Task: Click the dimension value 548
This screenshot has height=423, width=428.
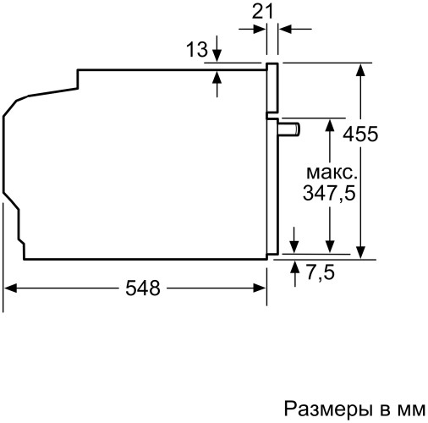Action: point(143,288)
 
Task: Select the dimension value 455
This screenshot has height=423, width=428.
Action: point(360,134)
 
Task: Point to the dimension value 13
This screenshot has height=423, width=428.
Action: point(196,51)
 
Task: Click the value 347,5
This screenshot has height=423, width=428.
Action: point(327,193)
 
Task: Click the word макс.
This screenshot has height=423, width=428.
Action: point(329,173)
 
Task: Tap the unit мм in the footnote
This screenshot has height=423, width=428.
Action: point(409,410)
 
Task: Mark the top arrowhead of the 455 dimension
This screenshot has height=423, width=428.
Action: point(361,69)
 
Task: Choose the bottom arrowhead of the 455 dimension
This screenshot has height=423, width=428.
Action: point(361,249)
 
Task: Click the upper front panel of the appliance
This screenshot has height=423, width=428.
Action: point(272,89)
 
